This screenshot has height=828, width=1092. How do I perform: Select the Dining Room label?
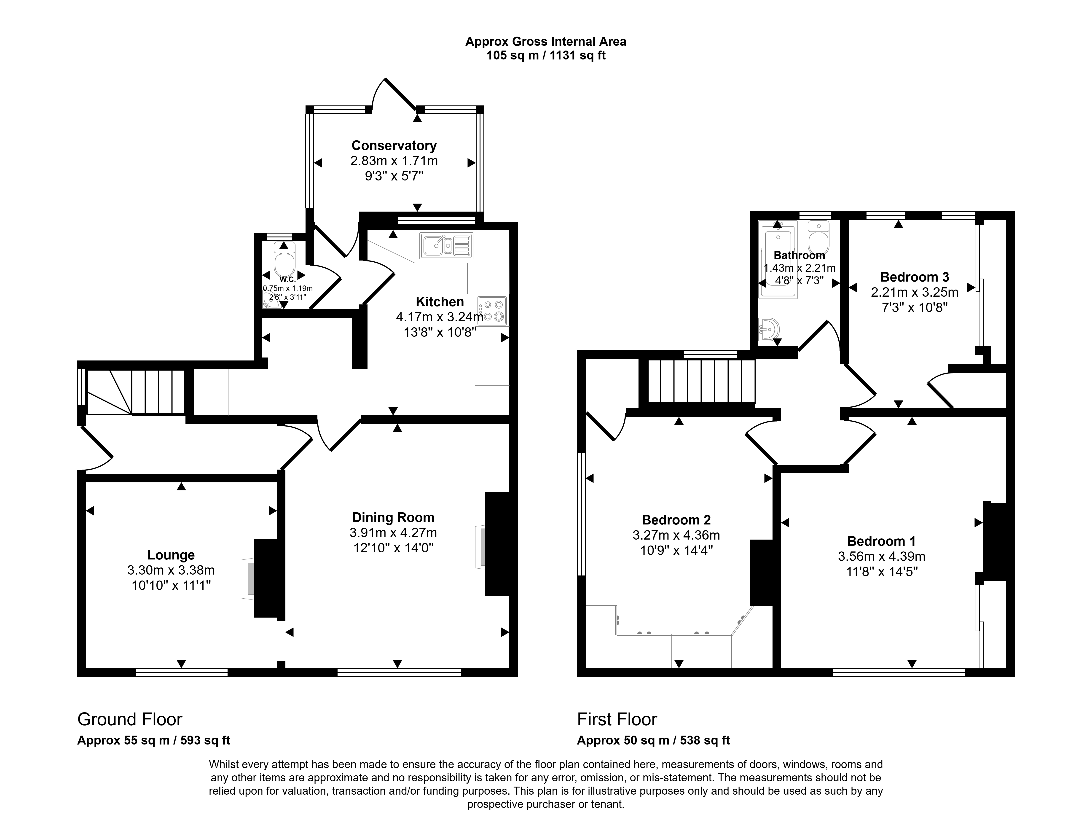point(393,517)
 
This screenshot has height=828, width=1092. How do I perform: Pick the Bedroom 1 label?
point(881,541)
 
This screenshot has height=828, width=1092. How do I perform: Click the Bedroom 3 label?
point(914,277)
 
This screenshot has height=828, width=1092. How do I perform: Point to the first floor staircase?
point(701,381)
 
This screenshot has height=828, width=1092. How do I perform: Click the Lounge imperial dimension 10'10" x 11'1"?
point(171,586)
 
